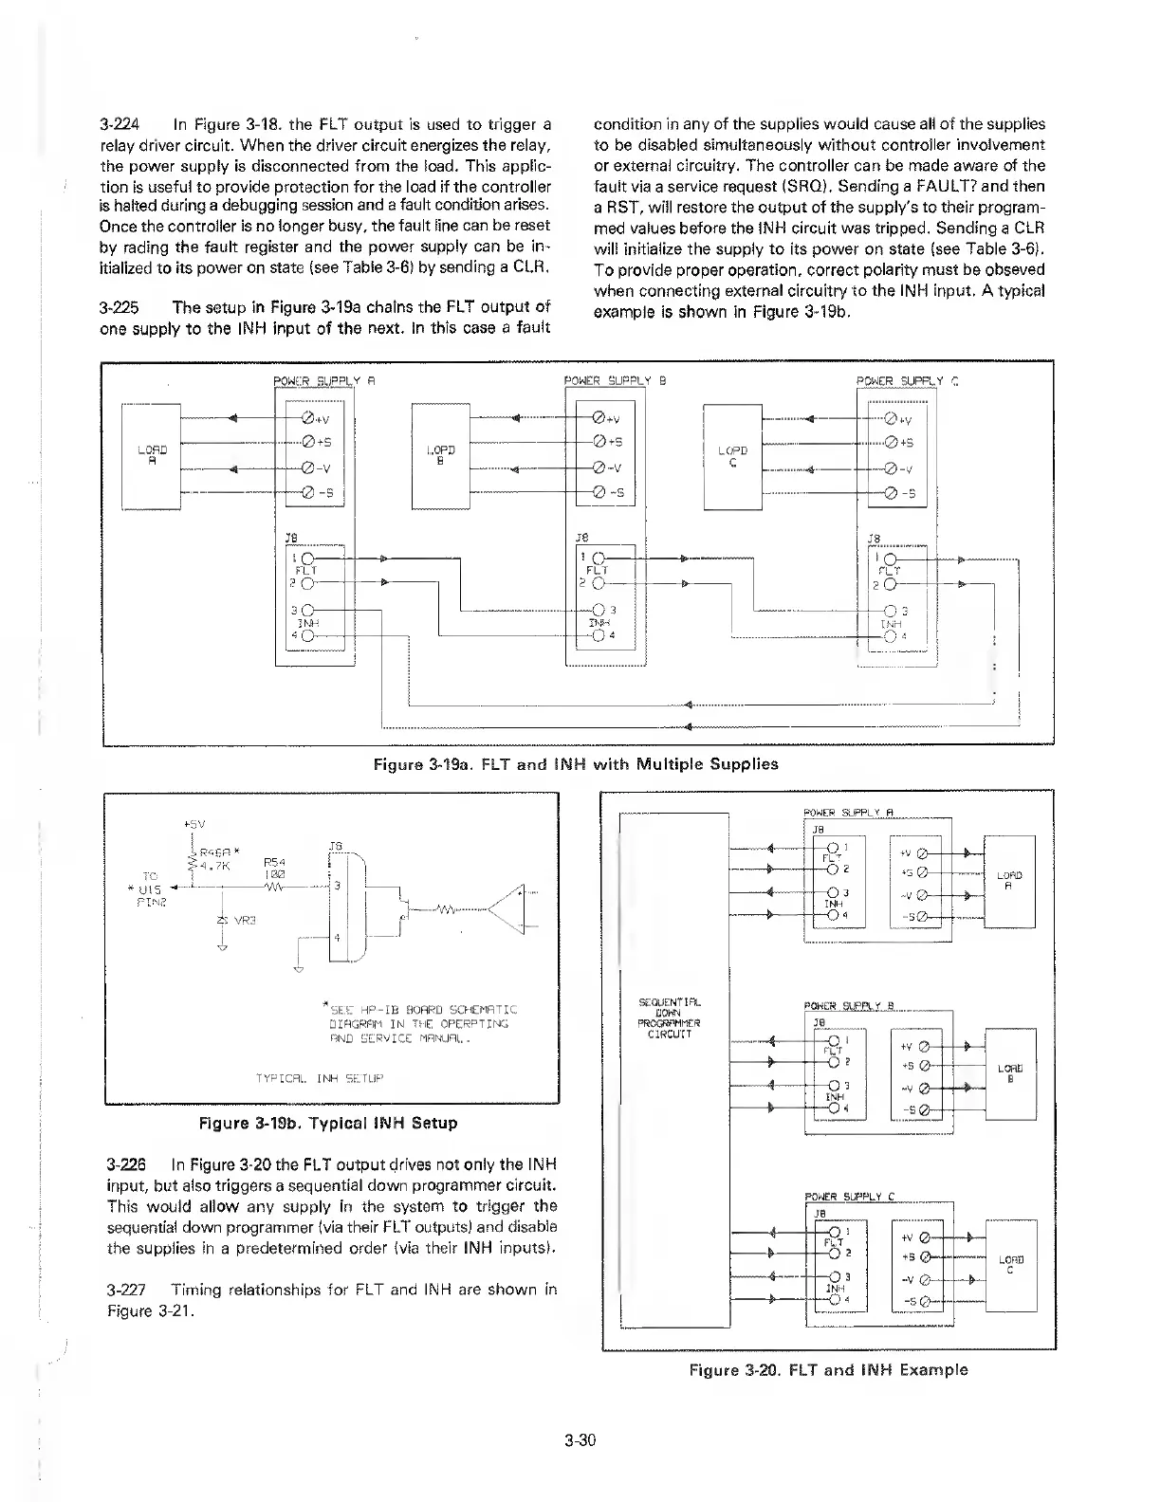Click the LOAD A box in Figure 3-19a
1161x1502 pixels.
pyautogui.click(x=152, y=455)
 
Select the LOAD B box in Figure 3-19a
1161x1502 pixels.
pyautogui.click(x=441, y=455)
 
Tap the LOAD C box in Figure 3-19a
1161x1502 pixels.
pyautogui.click(x=732, y=455)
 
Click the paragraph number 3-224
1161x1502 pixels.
pyautogui.click(x=120, y=124)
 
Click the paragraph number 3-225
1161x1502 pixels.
pyautogui.click(x=120, y=307)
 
